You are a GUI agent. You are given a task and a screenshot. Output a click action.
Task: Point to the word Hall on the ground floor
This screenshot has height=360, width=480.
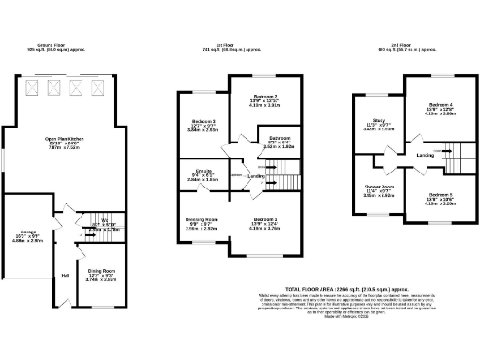(66, 275)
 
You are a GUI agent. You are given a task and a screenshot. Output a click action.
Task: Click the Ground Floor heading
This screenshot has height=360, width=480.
(56, 45)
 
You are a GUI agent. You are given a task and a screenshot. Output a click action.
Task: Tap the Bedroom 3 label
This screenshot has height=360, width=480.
(204, 122)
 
